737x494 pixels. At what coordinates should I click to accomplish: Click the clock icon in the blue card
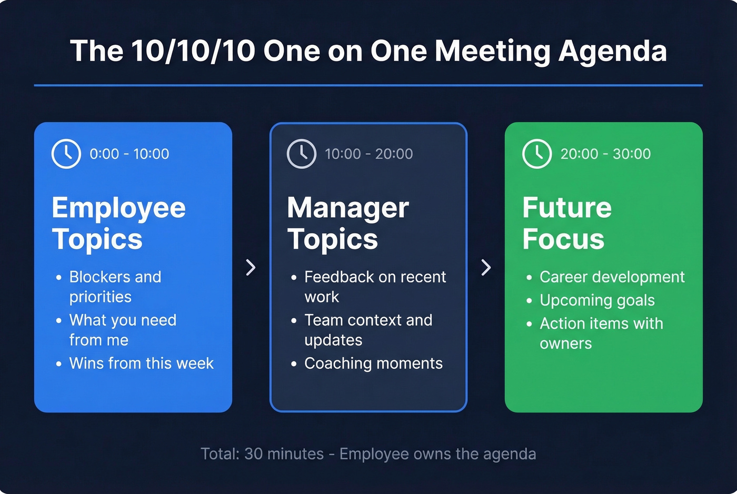coord(66,154)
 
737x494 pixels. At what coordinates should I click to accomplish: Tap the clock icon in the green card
coord(537,154)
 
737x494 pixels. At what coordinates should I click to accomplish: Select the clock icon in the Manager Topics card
coord(302,154)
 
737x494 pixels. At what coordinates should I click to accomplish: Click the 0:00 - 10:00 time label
coord(130,154)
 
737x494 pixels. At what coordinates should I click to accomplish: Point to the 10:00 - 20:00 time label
coord(368,154)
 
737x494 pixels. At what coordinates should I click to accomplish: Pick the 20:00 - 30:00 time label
coord(605,154)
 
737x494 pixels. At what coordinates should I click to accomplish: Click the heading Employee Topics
coord(118,223)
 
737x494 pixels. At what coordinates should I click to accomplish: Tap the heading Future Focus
coord(566,223)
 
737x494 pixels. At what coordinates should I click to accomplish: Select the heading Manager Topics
coord(347,223)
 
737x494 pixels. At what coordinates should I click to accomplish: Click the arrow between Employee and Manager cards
coord(251,267)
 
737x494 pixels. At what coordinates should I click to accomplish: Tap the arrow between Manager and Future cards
coord(486,267)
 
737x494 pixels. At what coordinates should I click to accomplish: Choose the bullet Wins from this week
coord(141,364)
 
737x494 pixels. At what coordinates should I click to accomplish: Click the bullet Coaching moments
coord(373,364)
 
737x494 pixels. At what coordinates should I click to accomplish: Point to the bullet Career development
coord(612,277)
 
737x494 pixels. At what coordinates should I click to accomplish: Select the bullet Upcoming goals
coord(597,300)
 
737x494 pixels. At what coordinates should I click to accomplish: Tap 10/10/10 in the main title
coord(193,51)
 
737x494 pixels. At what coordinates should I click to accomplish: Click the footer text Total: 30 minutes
coord(262,454)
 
